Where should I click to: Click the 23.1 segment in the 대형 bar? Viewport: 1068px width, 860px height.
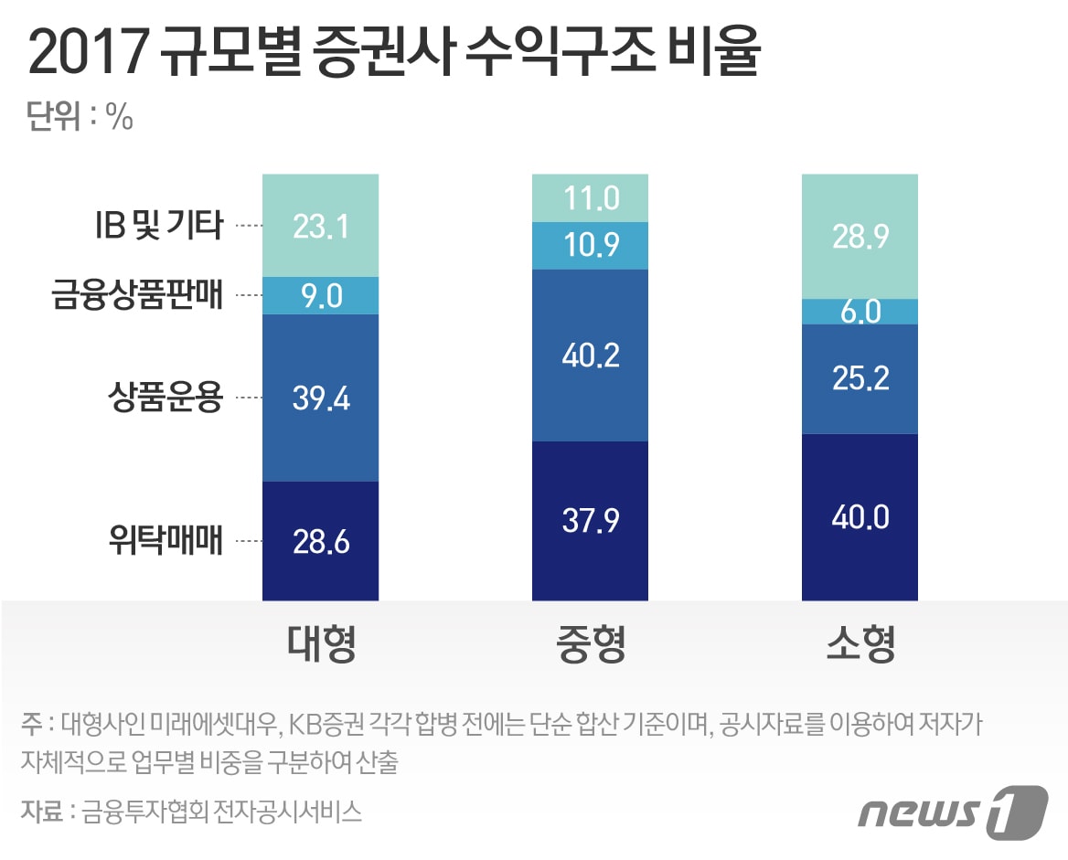pos(320,226)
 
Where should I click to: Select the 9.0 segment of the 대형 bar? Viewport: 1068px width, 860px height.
pos(320,296)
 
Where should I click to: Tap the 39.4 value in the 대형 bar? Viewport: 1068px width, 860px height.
pos(320,398)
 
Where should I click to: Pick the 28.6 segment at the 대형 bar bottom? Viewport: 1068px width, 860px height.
pos(320,541)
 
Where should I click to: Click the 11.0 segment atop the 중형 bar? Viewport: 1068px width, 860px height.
pos(590,197)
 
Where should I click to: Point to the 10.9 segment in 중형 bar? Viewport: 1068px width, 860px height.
pos(590,246)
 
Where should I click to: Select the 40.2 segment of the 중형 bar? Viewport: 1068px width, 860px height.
pos(590,355)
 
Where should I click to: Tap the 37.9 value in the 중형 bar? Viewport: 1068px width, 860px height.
pos(590,521)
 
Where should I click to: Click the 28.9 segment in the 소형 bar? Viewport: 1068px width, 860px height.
pos(860,236)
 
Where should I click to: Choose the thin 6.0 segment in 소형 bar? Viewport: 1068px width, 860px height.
pos(860,312)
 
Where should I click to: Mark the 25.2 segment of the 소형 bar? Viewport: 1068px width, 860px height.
pos(860,378)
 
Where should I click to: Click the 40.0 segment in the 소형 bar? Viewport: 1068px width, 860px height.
pos(860,517)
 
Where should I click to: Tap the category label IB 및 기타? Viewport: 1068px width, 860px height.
pos(158,225)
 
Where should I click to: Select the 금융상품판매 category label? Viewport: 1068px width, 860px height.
pos(137,296)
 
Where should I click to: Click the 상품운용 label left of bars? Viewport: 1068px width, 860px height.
pos(165,398)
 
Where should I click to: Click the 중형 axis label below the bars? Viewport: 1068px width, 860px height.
pos(590,644)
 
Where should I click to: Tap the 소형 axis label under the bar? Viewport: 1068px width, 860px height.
pos(860,644)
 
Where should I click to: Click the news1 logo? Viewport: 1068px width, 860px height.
pos(951,810)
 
